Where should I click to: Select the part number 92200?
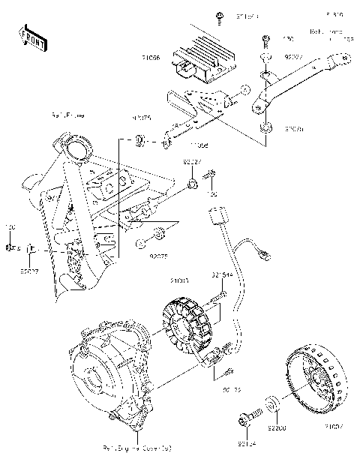tap(276, 429)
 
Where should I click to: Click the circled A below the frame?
tap(139, 244)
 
